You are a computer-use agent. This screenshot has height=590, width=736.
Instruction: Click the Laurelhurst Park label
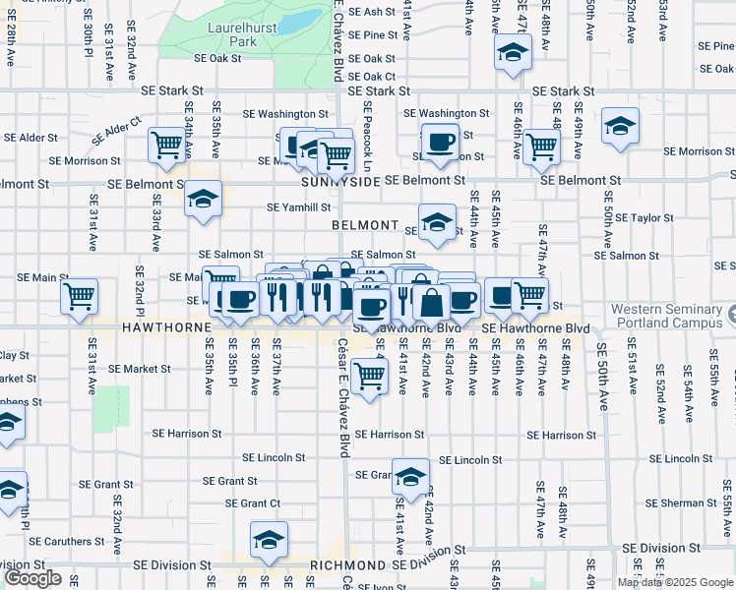(x=231, y=35)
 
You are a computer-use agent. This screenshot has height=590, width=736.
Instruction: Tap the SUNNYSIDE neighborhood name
(x=340, y=182)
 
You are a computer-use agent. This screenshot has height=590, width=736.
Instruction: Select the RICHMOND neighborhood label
(x=347, y=566)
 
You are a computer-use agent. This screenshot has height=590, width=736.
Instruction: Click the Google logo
(x=32, y=578)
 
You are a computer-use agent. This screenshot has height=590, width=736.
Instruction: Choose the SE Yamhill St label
(x=299, y=207)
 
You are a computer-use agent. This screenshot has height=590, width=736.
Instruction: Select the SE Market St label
(x=140, y=369)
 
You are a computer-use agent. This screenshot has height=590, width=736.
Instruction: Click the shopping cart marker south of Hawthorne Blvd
(x=369, y=374)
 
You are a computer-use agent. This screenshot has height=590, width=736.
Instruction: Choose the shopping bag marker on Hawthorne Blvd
(x=431, y=302)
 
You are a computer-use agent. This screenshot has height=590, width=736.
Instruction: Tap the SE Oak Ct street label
(x=371, y=76)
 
